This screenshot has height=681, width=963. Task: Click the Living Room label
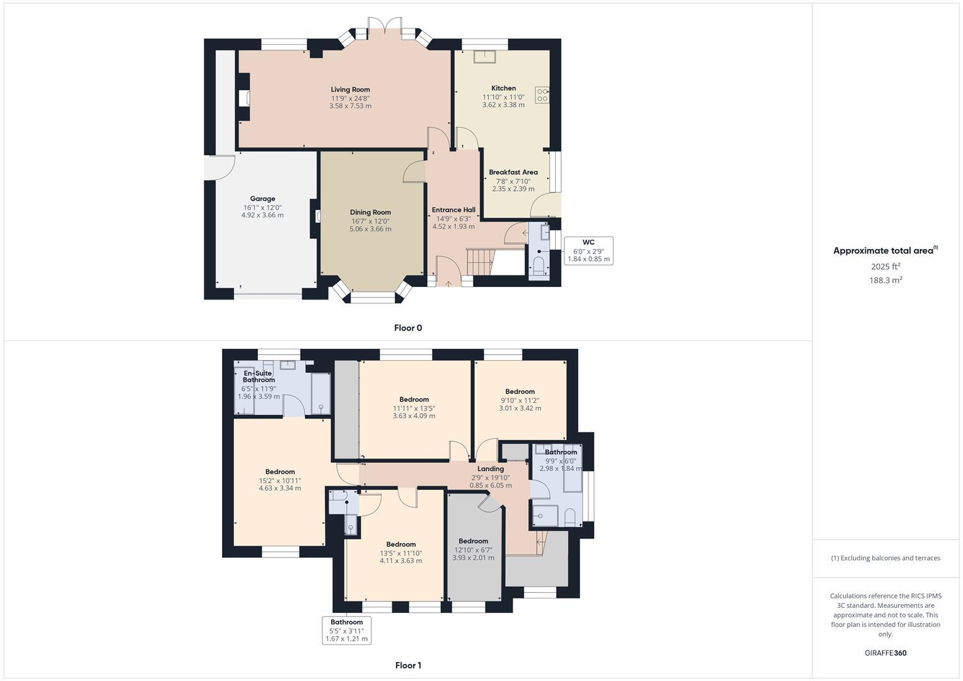(x=350, y=90)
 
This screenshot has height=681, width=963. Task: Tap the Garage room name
(x=262, y=199)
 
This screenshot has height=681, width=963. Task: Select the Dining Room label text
(x=370, y=212)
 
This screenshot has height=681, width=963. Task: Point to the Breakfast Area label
(x=513, y=172)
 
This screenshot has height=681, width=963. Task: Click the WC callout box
(x=588, y=250)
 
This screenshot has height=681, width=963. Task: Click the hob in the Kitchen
(x=542, y=95)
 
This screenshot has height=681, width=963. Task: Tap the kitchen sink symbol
(x=484, y=56)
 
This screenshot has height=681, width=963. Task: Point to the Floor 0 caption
(x=408, y=328)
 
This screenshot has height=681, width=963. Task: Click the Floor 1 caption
(x=408, y=665)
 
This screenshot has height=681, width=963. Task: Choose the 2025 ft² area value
(x=885, y=267)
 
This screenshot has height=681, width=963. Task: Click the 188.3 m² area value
(x=885, y=281)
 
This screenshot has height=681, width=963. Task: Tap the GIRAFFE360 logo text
(x=885, y=653)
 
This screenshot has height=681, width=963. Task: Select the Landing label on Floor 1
(x=491, y=469)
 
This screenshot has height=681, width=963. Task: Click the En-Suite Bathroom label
(x=259, y=376)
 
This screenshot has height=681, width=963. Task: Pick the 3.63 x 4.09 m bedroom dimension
(x=414, y=416)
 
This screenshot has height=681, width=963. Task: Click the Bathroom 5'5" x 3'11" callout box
(x=346, y=630)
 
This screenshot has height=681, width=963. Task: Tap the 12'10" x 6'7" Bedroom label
(x=473, y=541)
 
